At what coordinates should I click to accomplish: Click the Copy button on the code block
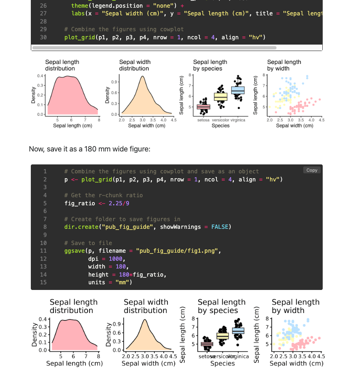(x=312, y=170)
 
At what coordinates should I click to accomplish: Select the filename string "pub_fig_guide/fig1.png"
(x=178, y=251)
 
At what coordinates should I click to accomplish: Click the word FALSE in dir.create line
(x=219, y=227)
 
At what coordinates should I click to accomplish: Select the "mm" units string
(x=122, y=282)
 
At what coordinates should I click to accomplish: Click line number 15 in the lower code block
(x=43, y=282)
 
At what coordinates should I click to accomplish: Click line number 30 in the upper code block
(x=43, y=37)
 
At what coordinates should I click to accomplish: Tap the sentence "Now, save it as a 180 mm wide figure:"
(x=90, y=149)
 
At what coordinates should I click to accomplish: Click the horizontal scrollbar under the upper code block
(x=154, y=48)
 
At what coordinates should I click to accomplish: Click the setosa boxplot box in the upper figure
(x=204, y=107)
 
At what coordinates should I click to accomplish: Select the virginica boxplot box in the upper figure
(x=238, y=90)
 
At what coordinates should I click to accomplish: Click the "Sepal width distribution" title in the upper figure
(x=135, y=65)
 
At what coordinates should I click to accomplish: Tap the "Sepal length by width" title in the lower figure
(x=296, y=306)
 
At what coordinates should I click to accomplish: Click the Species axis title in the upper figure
(x=221, y=126)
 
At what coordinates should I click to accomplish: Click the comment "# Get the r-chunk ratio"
(x=103, y=195)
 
